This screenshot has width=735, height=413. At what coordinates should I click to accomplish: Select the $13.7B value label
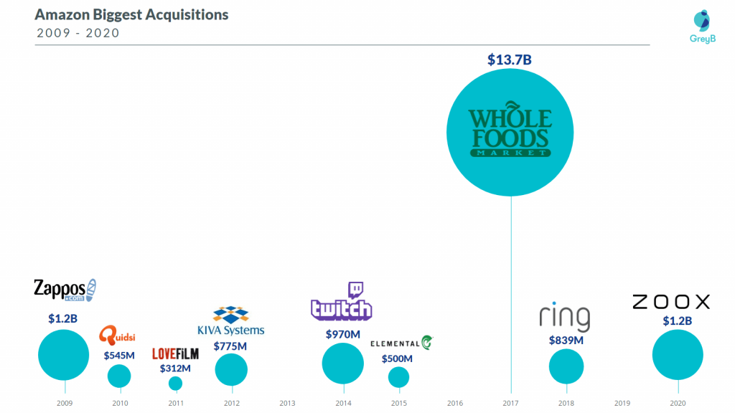(510, 60)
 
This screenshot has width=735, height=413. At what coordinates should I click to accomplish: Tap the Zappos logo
(65, 290)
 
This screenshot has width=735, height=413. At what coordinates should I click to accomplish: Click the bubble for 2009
(64, 355)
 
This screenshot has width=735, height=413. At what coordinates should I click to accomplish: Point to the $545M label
(120, 355)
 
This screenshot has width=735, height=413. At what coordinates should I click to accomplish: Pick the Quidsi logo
(118, 335)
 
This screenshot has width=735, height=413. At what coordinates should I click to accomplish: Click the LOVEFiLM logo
(175, 353)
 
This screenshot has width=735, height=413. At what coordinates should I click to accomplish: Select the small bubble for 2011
(175, 384)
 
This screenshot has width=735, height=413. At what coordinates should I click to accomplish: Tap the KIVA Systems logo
(231, 321)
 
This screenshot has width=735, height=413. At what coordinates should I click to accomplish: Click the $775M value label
(230, 346)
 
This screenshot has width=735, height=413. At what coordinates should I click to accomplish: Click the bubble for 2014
(342, 364)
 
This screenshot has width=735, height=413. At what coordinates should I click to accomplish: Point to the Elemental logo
(401, 343)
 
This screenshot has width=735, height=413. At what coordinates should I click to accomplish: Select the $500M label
(397, 359)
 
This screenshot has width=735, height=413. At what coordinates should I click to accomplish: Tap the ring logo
(565, 318)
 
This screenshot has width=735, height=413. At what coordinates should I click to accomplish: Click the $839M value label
(565, 340)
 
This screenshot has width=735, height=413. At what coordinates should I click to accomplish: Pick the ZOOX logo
(670, 302)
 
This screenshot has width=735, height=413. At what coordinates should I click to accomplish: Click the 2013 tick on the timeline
(287, 403)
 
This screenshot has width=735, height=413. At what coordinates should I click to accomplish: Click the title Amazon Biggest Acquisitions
(131, 15)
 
